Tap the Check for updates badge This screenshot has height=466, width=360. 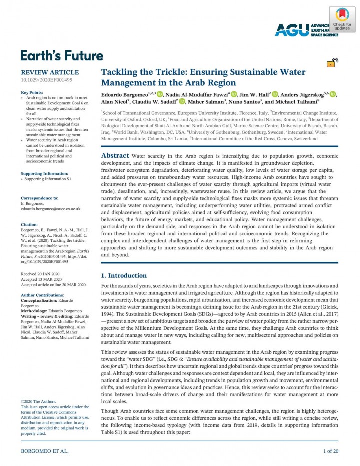pos(342,19)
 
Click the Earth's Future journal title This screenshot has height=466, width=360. pos(62,55)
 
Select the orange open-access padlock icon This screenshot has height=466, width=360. pos(331,63)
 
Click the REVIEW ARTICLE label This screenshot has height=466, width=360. pos(49,72)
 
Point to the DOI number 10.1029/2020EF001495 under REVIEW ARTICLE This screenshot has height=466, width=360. pos(46,80)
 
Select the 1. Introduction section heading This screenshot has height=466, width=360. pos(124,275)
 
